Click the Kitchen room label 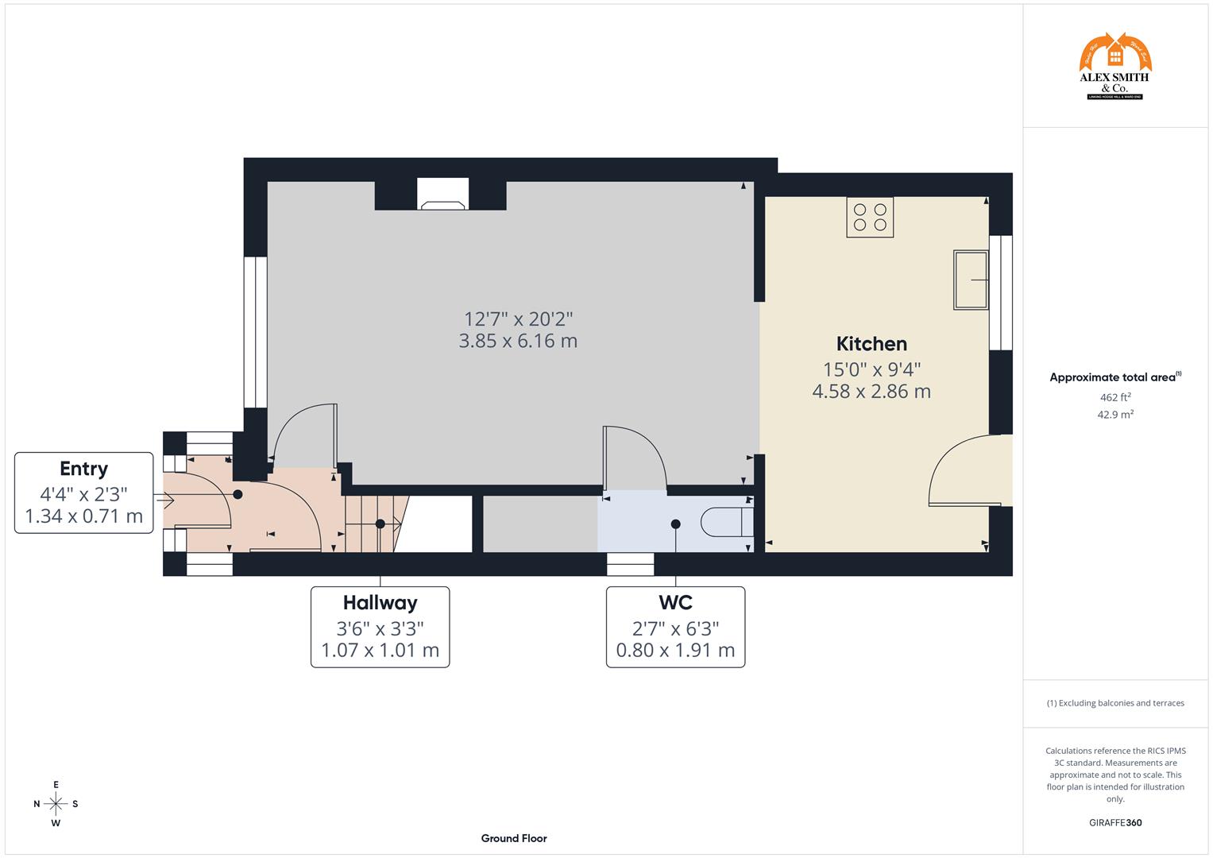(x=871, y=344)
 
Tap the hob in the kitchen (x=870, y=217)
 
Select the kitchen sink (x=970, y=280)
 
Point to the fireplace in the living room (x=443, y=195)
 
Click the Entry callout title (x=83, y=469)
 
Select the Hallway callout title (x=380, y=603)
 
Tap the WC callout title (x=675, y=603)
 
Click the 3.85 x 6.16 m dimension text (x=518, y=341)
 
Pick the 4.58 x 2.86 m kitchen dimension (x=871, y=391)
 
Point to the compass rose (x=56, y=803)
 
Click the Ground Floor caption (x=513, y=838)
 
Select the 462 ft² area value (x=1115, y=397)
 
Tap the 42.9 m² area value (x=1115, y=415)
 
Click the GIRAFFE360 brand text (x=1114, y=822)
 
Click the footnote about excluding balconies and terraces (x=1115, y=703)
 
